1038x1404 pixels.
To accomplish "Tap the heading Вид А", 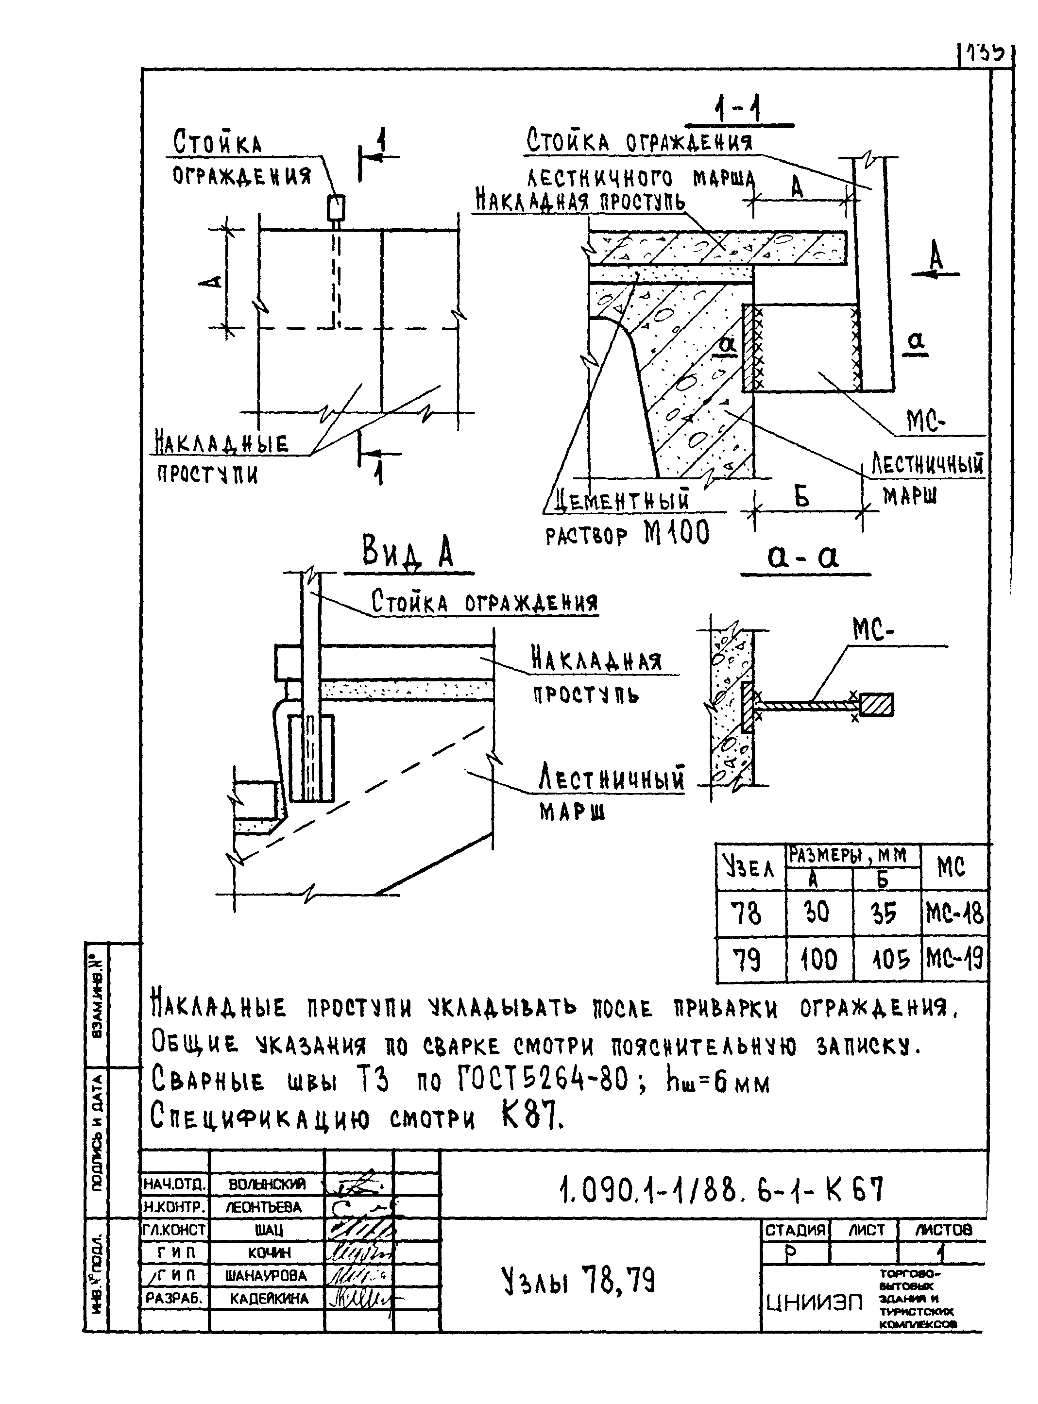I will click(x=407, y=552).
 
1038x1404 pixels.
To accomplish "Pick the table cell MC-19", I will click(x=954, y=959).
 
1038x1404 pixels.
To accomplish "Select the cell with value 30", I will click(x=817, y=912).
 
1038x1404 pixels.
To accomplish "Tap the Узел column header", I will click(x=749, y=867).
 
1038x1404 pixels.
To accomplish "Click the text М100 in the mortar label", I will click(x=677, y=533).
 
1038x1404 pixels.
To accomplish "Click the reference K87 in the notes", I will click(x=532, y=1117).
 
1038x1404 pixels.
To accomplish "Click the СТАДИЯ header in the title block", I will click(x=795, y=1229).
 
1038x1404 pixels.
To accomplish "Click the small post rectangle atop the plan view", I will click(x=336, y=207).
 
